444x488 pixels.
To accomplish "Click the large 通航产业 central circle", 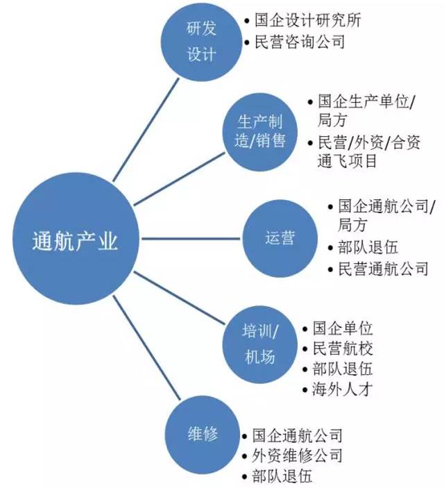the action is click(x=76, y=239).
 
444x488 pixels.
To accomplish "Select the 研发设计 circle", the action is click(x=201, y=42).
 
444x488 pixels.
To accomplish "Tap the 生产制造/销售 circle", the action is click(x=259, y=132).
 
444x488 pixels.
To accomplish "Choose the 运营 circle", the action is click(x=280, y=238).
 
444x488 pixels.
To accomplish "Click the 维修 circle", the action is click(x=203, y=434).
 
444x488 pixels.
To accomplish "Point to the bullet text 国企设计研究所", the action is click(x=308, y=21).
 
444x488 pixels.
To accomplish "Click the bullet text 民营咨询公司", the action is click(x=300, y=42).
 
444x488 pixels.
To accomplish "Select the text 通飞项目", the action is click(x=347, y=161).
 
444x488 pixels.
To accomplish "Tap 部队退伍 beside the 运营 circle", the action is click(x=368, y=248).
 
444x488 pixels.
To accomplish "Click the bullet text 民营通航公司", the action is click(x=384, y=269).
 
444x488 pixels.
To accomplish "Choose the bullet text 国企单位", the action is click(x=343, y=328).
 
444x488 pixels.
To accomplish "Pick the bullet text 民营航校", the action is click(x=343, y=348).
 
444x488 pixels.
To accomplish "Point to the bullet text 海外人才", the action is click(x=343, y=389).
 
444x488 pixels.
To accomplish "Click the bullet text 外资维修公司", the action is click(x=297, y=455).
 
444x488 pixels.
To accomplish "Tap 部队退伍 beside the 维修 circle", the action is click(x=282, y=476).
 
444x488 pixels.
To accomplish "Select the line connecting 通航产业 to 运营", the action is click(x=191, y=239).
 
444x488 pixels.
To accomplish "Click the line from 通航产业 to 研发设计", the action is click(x=146, y=130).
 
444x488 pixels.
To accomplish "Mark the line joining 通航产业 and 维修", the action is click(x=146, y=348).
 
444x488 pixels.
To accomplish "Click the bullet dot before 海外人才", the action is click(x=305, y=390).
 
